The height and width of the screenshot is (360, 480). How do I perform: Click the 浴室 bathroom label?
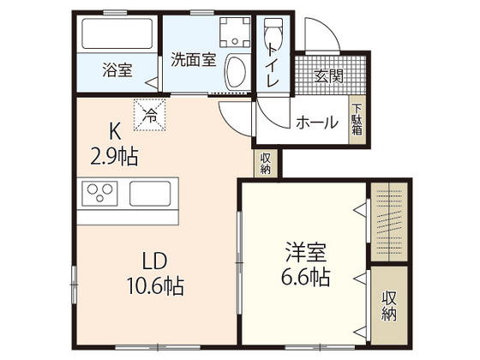coord(117,69)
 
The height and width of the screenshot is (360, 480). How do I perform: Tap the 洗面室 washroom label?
coord(192,60)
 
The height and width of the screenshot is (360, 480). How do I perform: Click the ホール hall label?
coord(316,123)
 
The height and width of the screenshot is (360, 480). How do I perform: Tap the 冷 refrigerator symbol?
coord(151,113)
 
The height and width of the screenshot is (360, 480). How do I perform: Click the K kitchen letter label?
coord(114,131)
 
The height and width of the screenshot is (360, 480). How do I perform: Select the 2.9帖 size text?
coord(115,156)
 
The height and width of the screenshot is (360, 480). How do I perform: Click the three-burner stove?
coord(99,195)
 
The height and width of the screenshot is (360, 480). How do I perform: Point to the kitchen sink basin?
coord(153,195)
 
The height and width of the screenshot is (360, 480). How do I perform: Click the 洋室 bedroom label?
coord(306,252)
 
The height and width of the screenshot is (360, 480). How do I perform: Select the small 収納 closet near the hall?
coord(266,163)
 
